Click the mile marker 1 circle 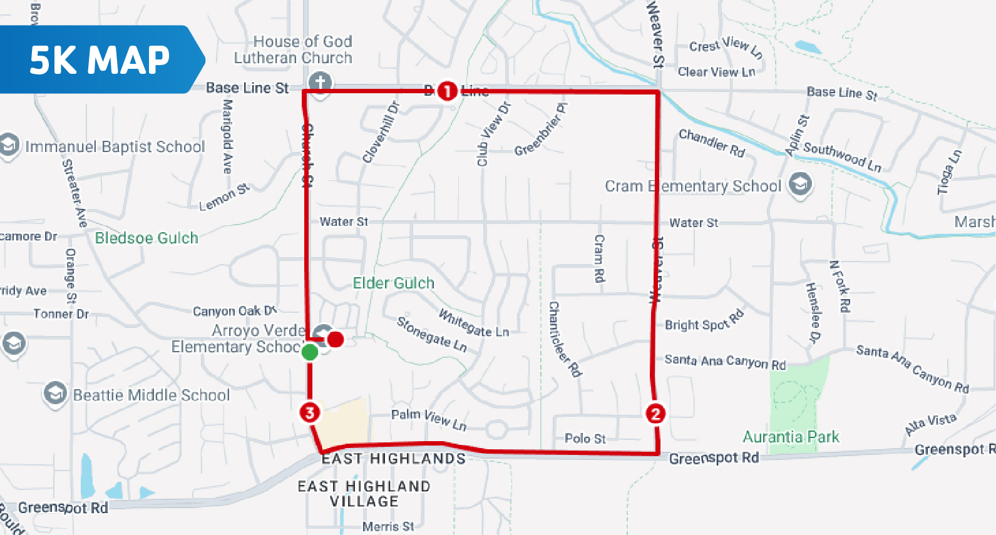(x=447, y=91)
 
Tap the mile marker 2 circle (x=655, y=414)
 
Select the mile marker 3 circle (x=310, y=412)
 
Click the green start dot (x=310, y=352)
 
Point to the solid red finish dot (x=336, y=339)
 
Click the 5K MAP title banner (x=100, y=60)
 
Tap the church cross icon (x=320, y=82)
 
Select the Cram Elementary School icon (x=800, y=184)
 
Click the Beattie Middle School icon (x=55, y=394)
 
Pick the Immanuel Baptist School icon (x=9, y=145)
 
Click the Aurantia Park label (x=791, y=437)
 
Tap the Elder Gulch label (x=394, y=283)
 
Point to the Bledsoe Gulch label (x=146, y=238)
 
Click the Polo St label (x=585, y=439)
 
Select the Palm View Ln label (x=429, y=419)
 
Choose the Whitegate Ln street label (x=474, y=324)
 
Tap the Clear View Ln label (x=716, y=72)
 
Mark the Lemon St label (x=224, y=197)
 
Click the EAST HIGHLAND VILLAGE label (x=364, y=494)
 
